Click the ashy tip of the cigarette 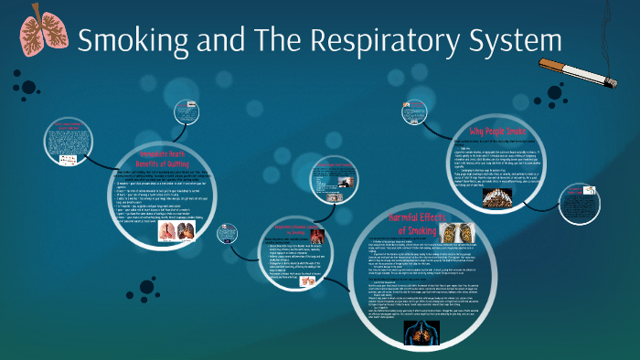pyautogui.click(x=608, y=77)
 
